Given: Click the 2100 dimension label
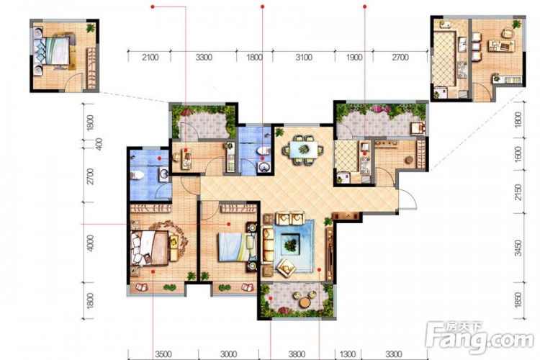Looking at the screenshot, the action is pyautogui.click(x=150, y=57).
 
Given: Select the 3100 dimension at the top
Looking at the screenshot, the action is pyautogui.click(x=304, y=57).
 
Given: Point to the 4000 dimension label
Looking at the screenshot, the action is pyautogui.click(x=90, y=243).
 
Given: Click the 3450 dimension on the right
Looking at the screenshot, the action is pyautogui.click(x=518, y=248).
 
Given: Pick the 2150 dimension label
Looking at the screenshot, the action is pyautogui.click(x=518, y=192).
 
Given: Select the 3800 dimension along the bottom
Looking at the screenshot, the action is pyautogui.click(x=297, y=354).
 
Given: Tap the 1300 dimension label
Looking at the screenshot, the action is pyautogui.click(x=348, y=354).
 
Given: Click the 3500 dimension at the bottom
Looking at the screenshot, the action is pyautogui.click(x=163, y=354).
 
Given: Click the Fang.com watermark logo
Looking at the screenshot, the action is pyautogui.click(x=480, y=338).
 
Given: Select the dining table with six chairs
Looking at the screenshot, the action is pyautogui.click(x=303, y=150).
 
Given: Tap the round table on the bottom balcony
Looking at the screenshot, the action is pyautogui.click(x=305, y=302).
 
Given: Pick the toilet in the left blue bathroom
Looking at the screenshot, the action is pyautogui.click(x=137, y=175).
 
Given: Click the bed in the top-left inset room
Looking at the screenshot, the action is pyautogui.click(x=55, y=51).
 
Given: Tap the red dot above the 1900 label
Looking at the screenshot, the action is pyautogui.click(x=365, y=6).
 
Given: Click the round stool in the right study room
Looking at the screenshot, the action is pyautogui.click(x=409, y=160).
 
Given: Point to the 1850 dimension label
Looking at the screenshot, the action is pyautogui.click(x=518, y=300).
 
